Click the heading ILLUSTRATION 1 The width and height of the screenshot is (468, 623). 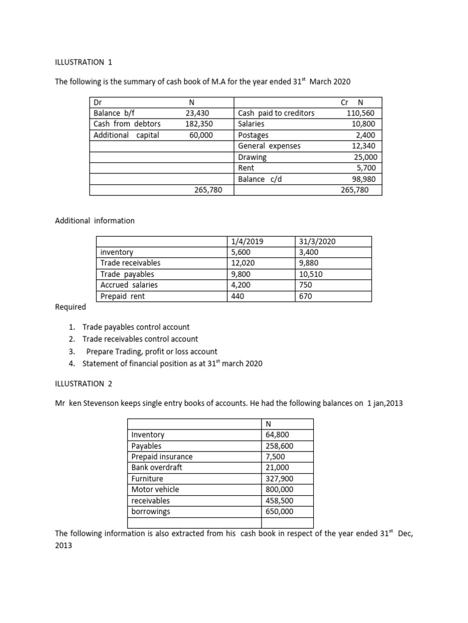coord(83,61)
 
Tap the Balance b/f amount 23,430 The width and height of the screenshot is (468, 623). coord(199,113)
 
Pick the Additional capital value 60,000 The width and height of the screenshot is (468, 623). coord(201,135)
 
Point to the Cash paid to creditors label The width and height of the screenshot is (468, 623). coord(276,113)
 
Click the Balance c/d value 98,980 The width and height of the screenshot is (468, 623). coord(363,179)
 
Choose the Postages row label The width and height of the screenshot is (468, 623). coord(253,135)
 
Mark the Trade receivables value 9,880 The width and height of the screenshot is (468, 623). coord(308,263)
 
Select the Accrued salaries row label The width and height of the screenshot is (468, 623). coord(129,285)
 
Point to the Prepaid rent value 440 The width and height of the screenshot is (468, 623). coord(238,296)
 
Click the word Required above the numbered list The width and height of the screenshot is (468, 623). coord(70,307)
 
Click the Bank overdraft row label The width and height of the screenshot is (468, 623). coord(157,467)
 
